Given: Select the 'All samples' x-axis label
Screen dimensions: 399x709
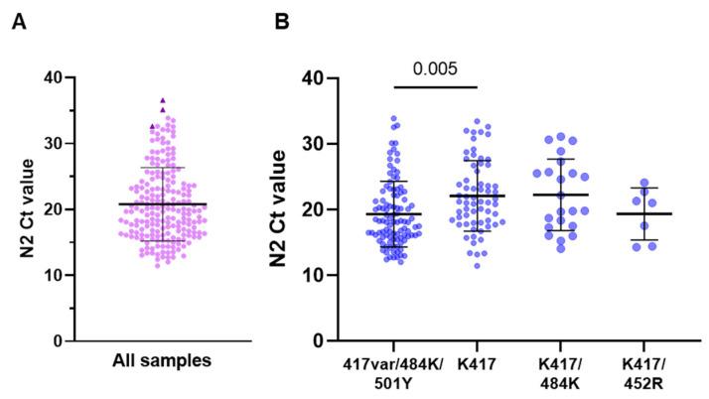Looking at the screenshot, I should tap(162, 361).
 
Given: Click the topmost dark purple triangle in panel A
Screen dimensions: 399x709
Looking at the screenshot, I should tap(162, 100).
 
